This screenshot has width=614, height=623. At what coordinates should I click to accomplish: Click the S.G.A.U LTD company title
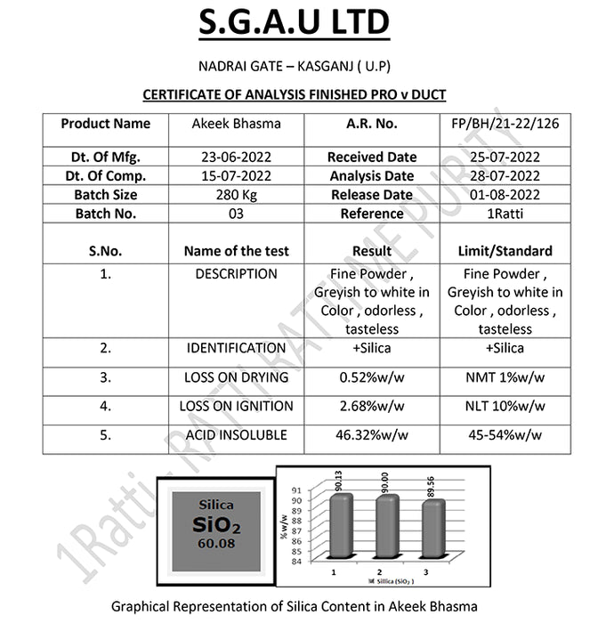click(x=294, y=23)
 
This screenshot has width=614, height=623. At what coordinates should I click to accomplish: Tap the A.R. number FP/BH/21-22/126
click(x=505, y=124)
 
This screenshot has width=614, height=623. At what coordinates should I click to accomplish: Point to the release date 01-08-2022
click(x=505, y=195)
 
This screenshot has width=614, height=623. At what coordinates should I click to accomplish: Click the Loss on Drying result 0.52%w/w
click(x=372, y=377)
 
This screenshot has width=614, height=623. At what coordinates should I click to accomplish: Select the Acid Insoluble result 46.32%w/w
click(x=372, y=435)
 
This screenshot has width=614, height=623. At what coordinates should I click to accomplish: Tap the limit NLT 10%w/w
click(x=505, y=406)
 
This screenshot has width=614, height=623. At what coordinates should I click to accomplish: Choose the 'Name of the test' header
click(x=237, y=251)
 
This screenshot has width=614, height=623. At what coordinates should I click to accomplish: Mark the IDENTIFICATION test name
click(x=237, y=348)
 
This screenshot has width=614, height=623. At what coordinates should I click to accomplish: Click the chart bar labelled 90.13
click(x=339, y=525)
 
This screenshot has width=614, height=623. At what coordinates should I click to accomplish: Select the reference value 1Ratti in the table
click(x=505, y=214)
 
